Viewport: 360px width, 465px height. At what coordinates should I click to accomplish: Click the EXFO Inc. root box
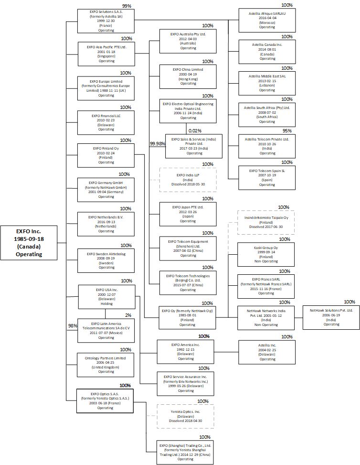click(29, 242)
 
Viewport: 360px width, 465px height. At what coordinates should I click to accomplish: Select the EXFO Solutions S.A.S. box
click(106, 21)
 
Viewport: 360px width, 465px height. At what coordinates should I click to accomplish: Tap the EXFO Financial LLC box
click(106, 122)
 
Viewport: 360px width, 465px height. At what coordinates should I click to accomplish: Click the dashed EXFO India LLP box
click(188, 180)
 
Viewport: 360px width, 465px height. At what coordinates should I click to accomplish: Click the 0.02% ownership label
click(194, 130)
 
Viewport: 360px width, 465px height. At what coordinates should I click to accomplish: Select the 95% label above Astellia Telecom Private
click(287, 130)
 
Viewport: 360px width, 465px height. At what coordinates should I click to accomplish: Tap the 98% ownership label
click(73, 325)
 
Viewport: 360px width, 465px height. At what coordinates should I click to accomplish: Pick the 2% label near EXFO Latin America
click(128, 315)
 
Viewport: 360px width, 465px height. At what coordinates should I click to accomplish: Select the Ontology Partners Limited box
click(106, 365)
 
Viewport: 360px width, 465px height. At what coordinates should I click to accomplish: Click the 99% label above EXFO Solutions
click(127, 5)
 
